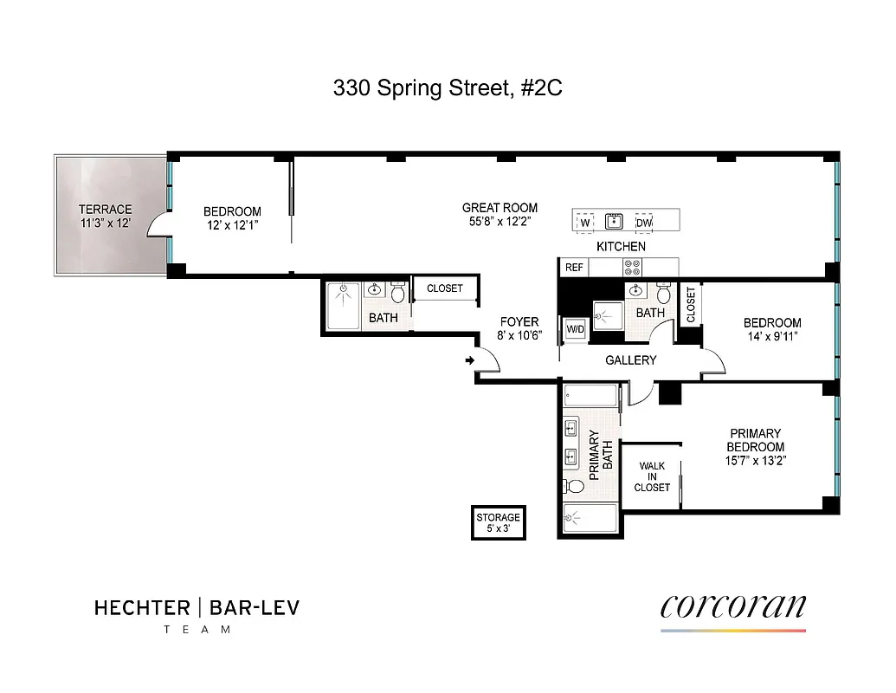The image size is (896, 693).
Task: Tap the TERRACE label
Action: coord(105,210)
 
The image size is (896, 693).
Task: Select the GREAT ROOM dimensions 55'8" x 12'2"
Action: coord(500,221)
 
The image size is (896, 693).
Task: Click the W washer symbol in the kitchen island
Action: coord(585,223)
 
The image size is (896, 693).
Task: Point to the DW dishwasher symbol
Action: coord(643,223)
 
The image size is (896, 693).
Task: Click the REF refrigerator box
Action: coord(574,268)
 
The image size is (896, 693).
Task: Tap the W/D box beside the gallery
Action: coord(575,330)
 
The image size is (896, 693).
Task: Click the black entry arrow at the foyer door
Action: coord(469,360)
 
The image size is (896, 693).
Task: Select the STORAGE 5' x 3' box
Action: coord(498,523)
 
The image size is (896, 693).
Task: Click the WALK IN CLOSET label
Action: coord(652,476)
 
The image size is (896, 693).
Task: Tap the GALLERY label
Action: coord(630,360)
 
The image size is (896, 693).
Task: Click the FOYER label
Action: coord(519,322)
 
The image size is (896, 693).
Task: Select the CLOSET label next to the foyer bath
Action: coord(445,288)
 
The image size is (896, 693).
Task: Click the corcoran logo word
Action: coord(732,605)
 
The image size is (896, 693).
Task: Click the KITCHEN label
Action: coord(621,247)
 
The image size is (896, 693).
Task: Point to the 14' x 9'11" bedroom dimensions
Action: coord(772,337)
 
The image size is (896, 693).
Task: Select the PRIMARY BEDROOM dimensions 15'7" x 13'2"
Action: coord(755,461)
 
